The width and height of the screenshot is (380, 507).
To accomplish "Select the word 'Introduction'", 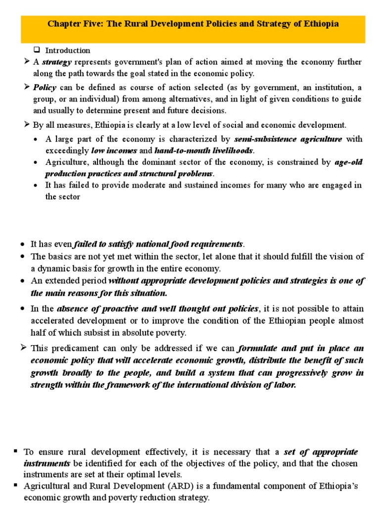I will pos(68,51).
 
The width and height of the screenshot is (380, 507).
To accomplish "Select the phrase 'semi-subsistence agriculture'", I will pos(288,139).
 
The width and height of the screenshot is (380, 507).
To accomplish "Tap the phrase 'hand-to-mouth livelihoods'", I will pos(203,150).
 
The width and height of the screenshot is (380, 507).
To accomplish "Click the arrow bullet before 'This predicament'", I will pos(23,348).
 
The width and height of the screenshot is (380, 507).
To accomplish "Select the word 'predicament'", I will pos(70,349).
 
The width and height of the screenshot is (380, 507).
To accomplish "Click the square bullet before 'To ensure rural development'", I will pos(16,451).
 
